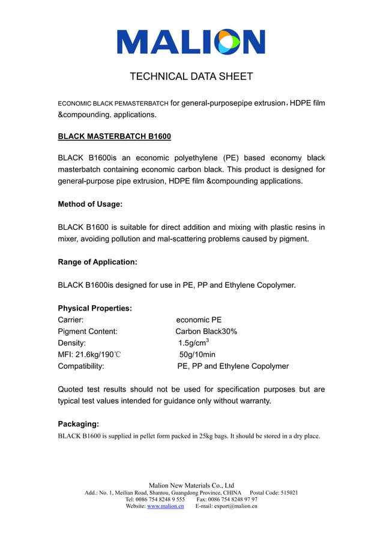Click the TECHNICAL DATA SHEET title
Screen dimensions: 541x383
click(x=191, y=77)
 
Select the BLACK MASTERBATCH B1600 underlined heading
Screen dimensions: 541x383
click(x=114, y=137)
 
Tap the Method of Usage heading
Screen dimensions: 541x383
click(x=90, y=204)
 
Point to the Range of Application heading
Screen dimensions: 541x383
click(x=97, y=262)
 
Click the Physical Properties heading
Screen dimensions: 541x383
click(x=95, y=308)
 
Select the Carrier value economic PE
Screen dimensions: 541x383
click(x=199, y=320)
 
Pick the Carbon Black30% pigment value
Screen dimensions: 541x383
click(x=206, y=331)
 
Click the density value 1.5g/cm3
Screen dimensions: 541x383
click(x=193, y=342)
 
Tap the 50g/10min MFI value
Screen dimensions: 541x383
click(x=197, y=354)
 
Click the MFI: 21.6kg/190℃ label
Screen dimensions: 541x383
click(x=89, y=354)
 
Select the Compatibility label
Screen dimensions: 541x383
click(x=81, y=366)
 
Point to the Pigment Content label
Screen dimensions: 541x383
click(x=88, y=331)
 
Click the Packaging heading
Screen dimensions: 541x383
click(x=78, y=424)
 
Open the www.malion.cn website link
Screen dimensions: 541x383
click(x=165, y=506)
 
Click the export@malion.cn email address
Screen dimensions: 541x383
click(x=235, y=506)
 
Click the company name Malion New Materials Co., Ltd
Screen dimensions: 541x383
click(x=191, y=485)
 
